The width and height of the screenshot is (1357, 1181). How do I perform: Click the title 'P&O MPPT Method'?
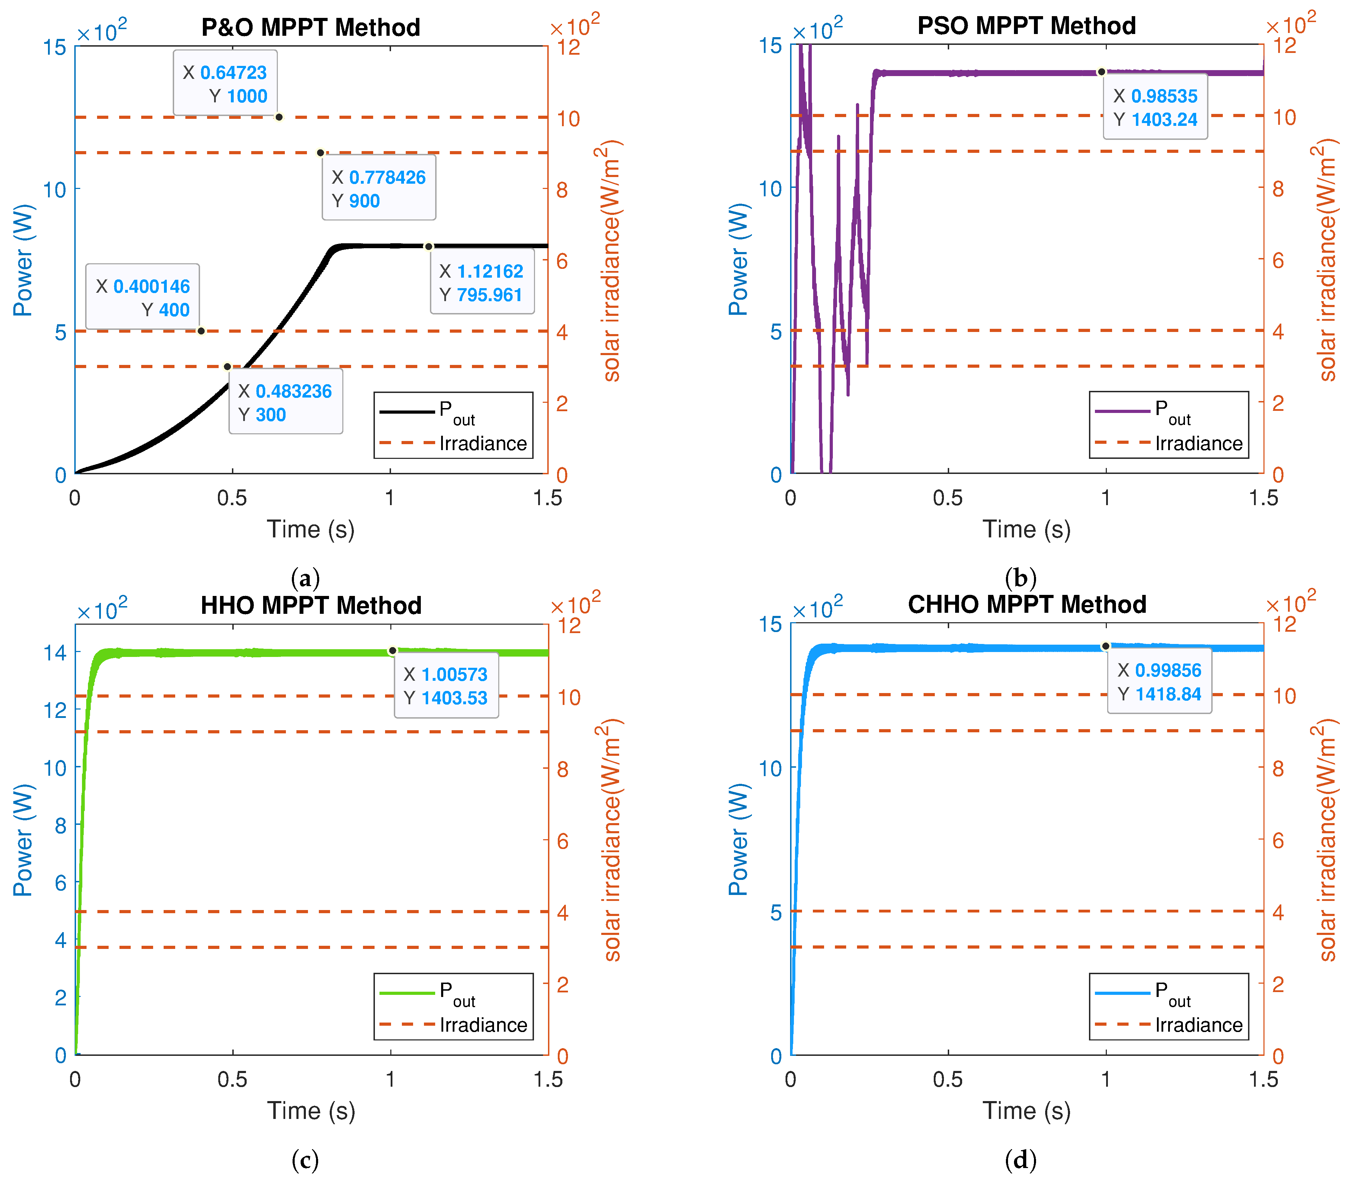coord(310,28)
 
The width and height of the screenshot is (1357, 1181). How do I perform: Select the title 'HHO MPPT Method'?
coord(310,606)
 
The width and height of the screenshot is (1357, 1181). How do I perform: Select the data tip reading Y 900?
coord(379,189)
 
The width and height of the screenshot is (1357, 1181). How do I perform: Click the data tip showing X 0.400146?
coord(143,297)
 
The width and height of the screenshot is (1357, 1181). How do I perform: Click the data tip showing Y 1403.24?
coord(1156,107)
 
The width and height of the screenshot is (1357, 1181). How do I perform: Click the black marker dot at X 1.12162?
coord(428,246)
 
